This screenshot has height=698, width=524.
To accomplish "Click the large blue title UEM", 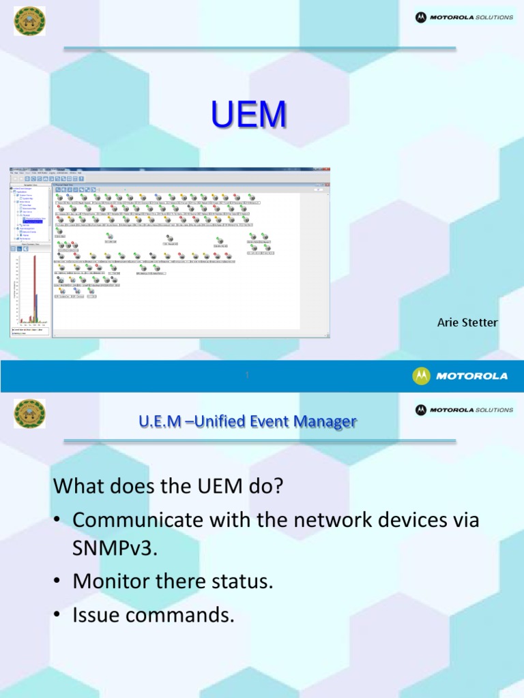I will tap(248, 115).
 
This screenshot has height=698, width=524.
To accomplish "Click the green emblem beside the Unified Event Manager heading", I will tap(29, 414).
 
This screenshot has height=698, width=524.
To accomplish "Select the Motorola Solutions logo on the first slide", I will tap(464, 17).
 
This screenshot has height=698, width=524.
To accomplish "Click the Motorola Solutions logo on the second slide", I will tap(464, 410).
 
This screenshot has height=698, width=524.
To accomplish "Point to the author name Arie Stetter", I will tap(467, 322).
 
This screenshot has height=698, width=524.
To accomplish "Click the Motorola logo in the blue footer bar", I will tap(460, 376).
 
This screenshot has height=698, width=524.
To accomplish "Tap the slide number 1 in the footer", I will tap(247, 376).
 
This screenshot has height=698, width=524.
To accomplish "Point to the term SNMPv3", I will tap(115, 549).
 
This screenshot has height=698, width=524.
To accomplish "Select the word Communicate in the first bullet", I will tap(136, 519).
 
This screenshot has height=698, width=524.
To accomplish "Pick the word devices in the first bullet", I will tap(407, 519).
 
